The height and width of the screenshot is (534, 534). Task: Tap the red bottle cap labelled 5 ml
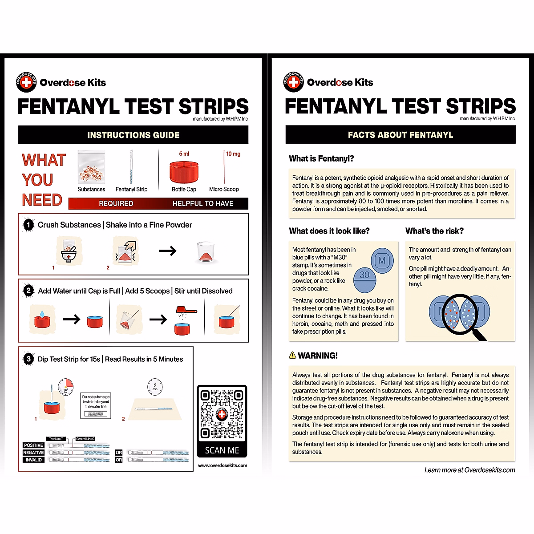[x=184, y=172]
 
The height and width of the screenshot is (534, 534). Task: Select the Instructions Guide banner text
[x=133, y=135]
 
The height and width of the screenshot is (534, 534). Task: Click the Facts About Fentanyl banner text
[x=400, y=135]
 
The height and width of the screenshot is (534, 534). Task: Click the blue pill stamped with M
[x=382, y=261]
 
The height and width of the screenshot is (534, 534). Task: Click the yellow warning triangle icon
[x=292, y=355]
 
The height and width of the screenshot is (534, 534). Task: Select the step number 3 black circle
[x=28, y=359]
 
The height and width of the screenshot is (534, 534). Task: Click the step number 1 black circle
[x=28, y=225]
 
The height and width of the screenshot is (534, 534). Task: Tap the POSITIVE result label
[x=33, y=445]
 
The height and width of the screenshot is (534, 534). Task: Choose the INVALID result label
[x=33, y=460]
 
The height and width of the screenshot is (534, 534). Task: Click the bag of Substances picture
[x=91, y=167]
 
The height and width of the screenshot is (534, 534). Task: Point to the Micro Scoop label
[x=224, y=189]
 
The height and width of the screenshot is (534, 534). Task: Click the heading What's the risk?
[x=434, y=231]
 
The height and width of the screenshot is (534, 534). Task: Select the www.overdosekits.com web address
[x=222, y=465]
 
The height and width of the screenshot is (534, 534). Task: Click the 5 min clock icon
[x=155, y=387]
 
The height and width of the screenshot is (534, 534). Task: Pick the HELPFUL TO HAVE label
[x=203, y=203]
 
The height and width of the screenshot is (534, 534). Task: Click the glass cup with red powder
[x=206, y=252]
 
